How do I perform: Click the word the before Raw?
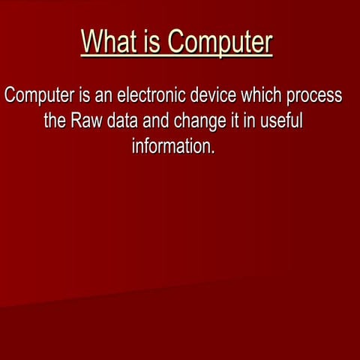click(55, 121)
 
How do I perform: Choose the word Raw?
click(86, 121)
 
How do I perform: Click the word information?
click(172, 145)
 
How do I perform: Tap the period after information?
click(213, 151)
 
